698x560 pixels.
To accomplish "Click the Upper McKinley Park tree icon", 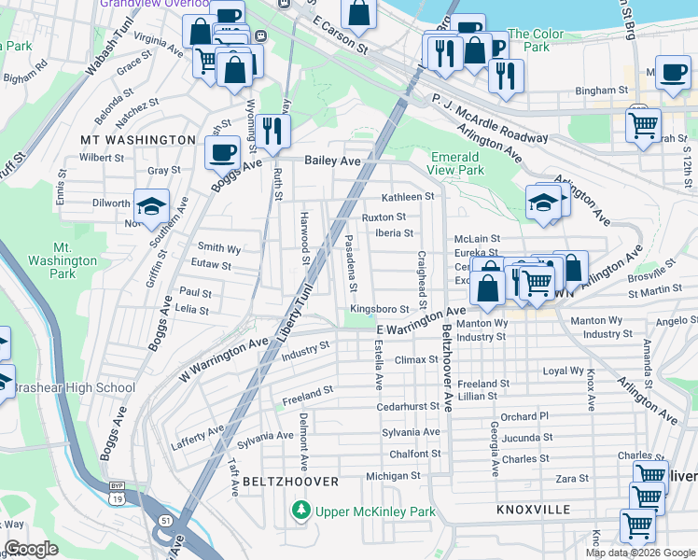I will (300, 511).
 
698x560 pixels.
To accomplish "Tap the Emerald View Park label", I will (457, 163).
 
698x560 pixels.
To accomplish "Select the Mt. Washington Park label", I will (63, 260).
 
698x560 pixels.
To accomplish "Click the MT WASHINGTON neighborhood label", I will (137, 139).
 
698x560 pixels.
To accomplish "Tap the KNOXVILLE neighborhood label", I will (533, 510).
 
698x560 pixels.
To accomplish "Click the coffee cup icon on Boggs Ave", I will (222, 152).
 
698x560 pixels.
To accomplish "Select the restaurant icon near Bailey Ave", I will (272, 130).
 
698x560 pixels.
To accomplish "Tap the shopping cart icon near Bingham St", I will (643, 124).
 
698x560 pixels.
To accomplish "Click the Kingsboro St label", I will (379, 309).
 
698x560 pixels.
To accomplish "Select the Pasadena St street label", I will (352, 261).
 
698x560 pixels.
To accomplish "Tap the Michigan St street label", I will (393, 476).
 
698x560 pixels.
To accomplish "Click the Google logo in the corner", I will (31, 549).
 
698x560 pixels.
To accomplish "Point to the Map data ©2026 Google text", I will (639, 553).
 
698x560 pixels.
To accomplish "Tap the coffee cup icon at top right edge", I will (672, 73).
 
